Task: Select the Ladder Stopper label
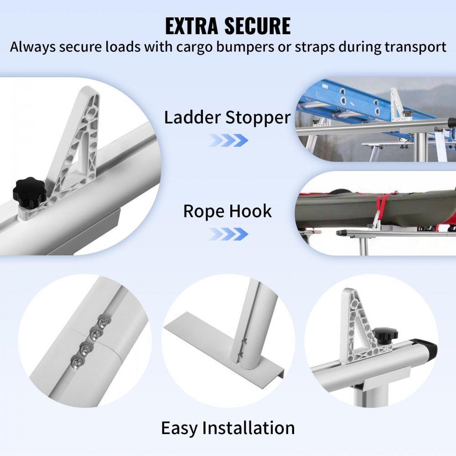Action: pos(227,118)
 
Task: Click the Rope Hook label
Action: pos(227,211)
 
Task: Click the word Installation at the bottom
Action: pos(249,428)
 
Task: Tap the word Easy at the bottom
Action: pos(180,428)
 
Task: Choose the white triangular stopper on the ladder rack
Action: pos(395,105)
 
